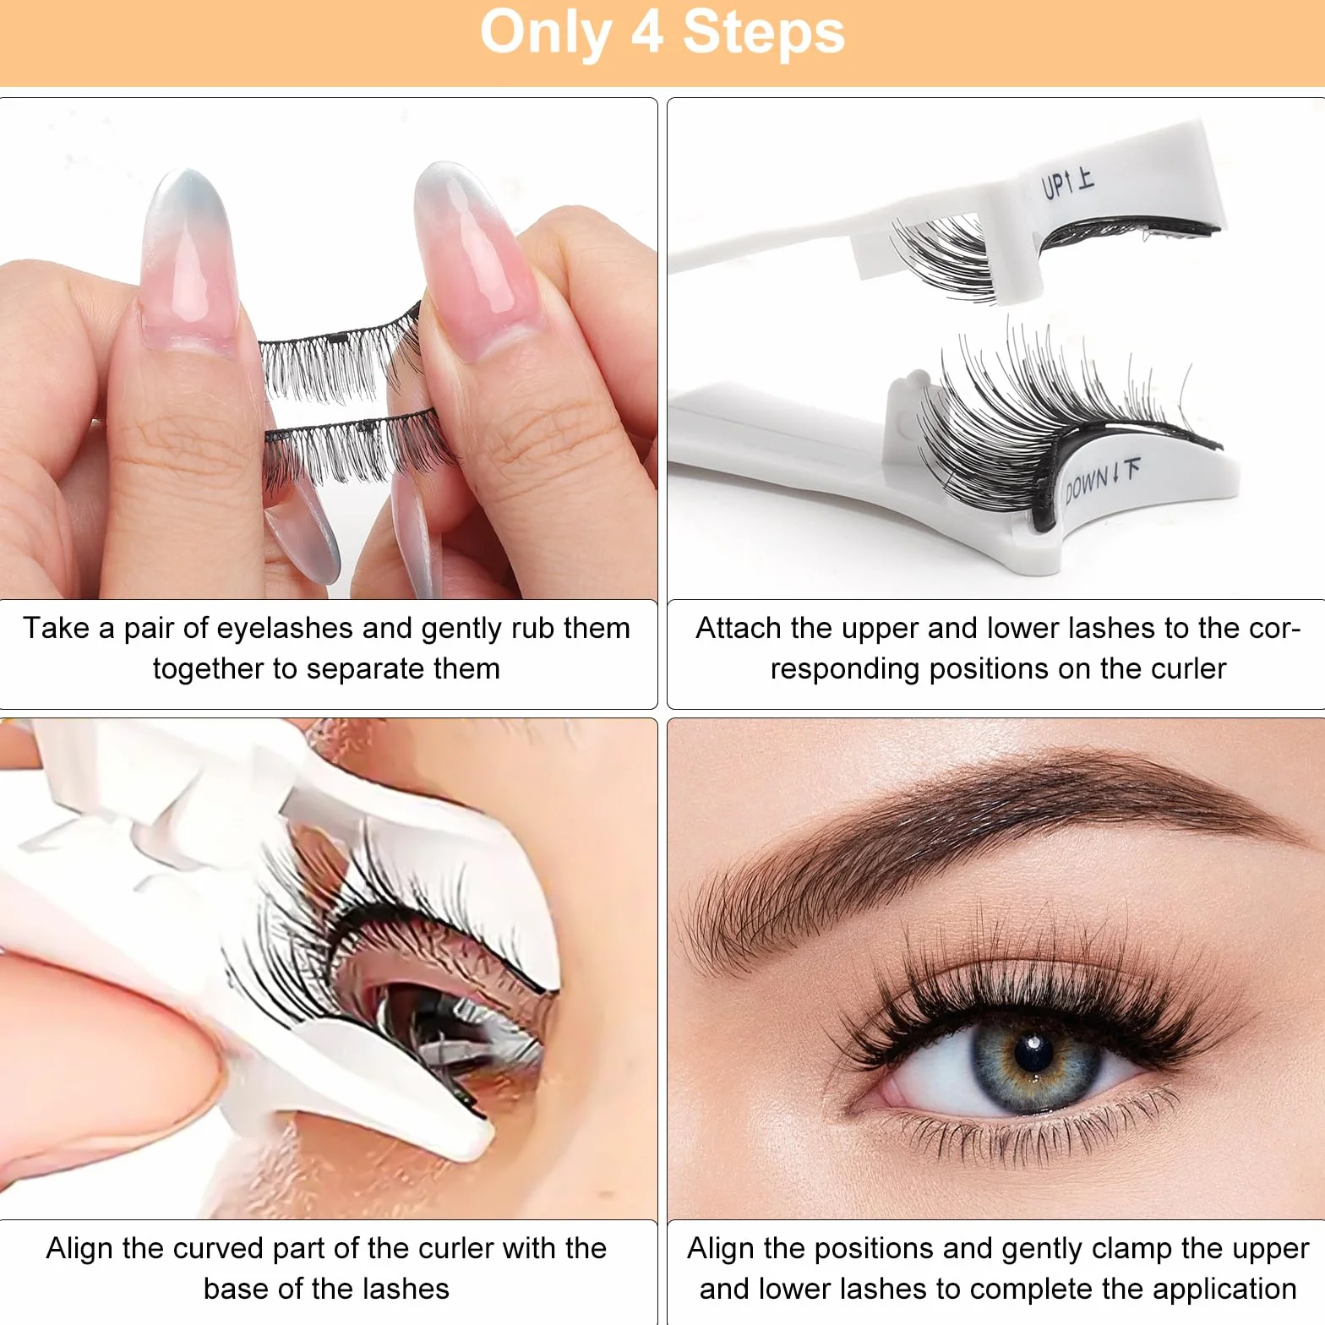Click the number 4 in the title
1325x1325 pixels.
[x=647, y=33]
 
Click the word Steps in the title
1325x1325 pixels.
[x=764, y=33]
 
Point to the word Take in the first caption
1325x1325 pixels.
[x=56, y=628]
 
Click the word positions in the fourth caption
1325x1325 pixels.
[x=878, y=1250]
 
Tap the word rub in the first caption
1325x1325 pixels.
[x=531, y=628]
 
